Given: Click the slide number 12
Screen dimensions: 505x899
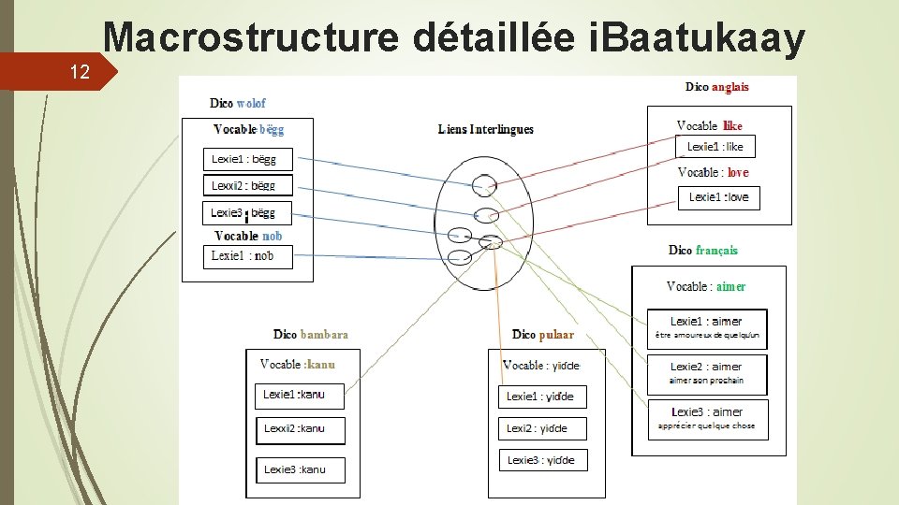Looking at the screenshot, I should coord(80,71).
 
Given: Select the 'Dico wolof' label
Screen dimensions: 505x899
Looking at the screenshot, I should coord(238,103).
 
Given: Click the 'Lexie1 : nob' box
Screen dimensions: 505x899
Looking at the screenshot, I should coord(247,256).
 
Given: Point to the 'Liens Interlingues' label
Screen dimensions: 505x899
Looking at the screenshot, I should coord(485,129).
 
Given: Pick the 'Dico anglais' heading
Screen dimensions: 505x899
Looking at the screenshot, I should coord(716,87).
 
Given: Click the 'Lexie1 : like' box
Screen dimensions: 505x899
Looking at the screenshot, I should coord(715,147).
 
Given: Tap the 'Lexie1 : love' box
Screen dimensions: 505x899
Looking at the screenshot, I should coord(718,197).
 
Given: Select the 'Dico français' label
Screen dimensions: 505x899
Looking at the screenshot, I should coord(702,250).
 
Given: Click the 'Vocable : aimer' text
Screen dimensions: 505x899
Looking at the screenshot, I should coord(706,286).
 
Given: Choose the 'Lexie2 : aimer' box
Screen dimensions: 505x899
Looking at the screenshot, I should coord(706,373).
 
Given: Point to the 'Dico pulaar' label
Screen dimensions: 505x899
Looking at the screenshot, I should coord(543,334).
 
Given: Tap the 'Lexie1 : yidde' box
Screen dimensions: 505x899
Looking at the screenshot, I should coord(541,397).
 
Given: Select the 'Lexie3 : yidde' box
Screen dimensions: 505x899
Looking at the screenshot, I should coord(541,460).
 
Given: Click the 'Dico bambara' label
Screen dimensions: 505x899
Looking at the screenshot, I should coord(311,334).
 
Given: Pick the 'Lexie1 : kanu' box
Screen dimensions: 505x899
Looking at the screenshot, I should coord(299,396).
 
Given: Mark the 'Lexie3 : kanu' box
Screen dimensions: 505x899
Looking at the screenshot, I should coord(299,469).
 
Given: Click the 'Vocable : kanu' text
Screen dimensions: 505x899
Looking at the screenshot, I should coord(297,364).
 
